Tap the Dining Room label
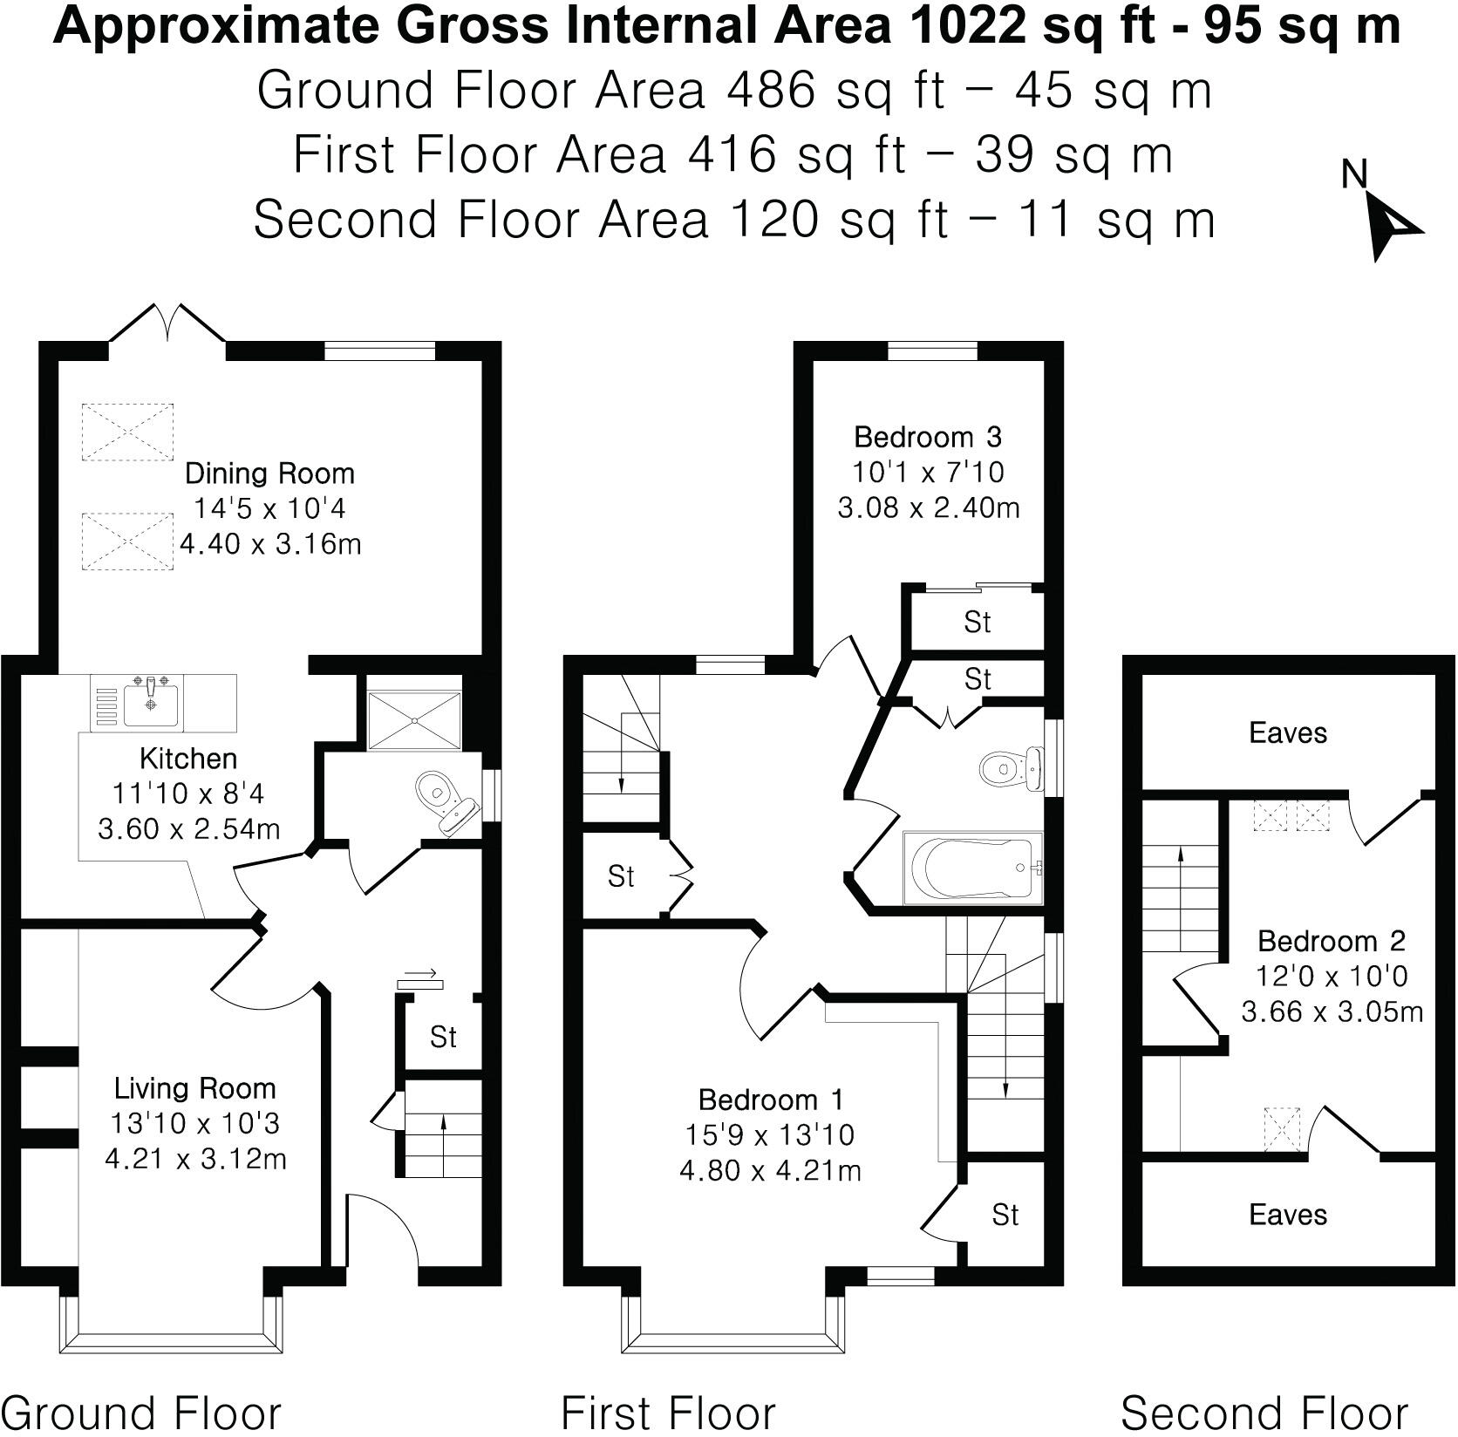coord(269,474)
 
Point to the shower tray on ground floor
coord(414,720)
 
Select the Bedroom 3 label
coord(928,436)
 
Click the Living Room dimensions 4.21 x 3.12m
coord(195,1159)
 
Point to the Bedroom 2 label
coord(1331,941)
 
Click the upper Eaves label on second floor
coord(1287,732)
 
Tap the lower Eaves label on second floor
coord(1287,1215)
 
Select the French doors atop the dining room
coord(167,324)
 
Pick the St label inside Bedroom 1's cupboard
coord(1005,1215)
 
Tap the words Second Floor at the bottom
coord(1264,1413)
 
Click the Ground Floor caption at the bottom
coord(145,1413)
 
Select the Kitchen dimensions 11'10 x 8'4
coord(188,793)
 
